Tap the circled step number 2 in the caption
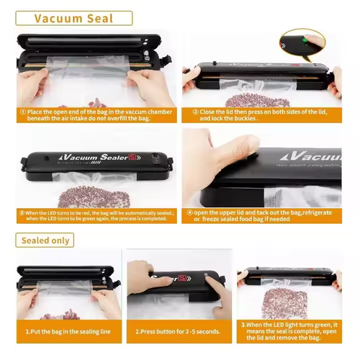195,112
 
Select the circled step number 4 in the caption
190,212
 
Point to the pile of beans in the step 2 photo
248,97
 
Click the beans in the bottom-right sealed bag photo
287,302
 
